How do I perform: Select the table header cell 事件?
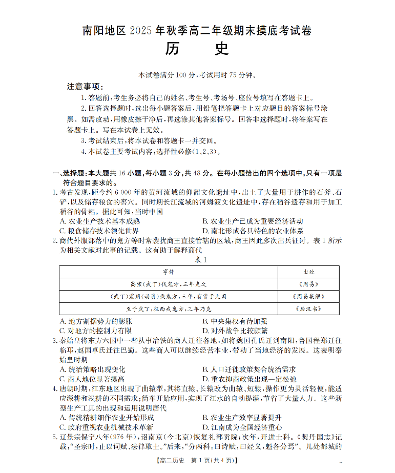pyautogui.click(x=169, y=272)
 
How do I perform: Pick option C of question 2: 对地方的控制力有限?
pyautogui.click(x=95, y=331)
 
